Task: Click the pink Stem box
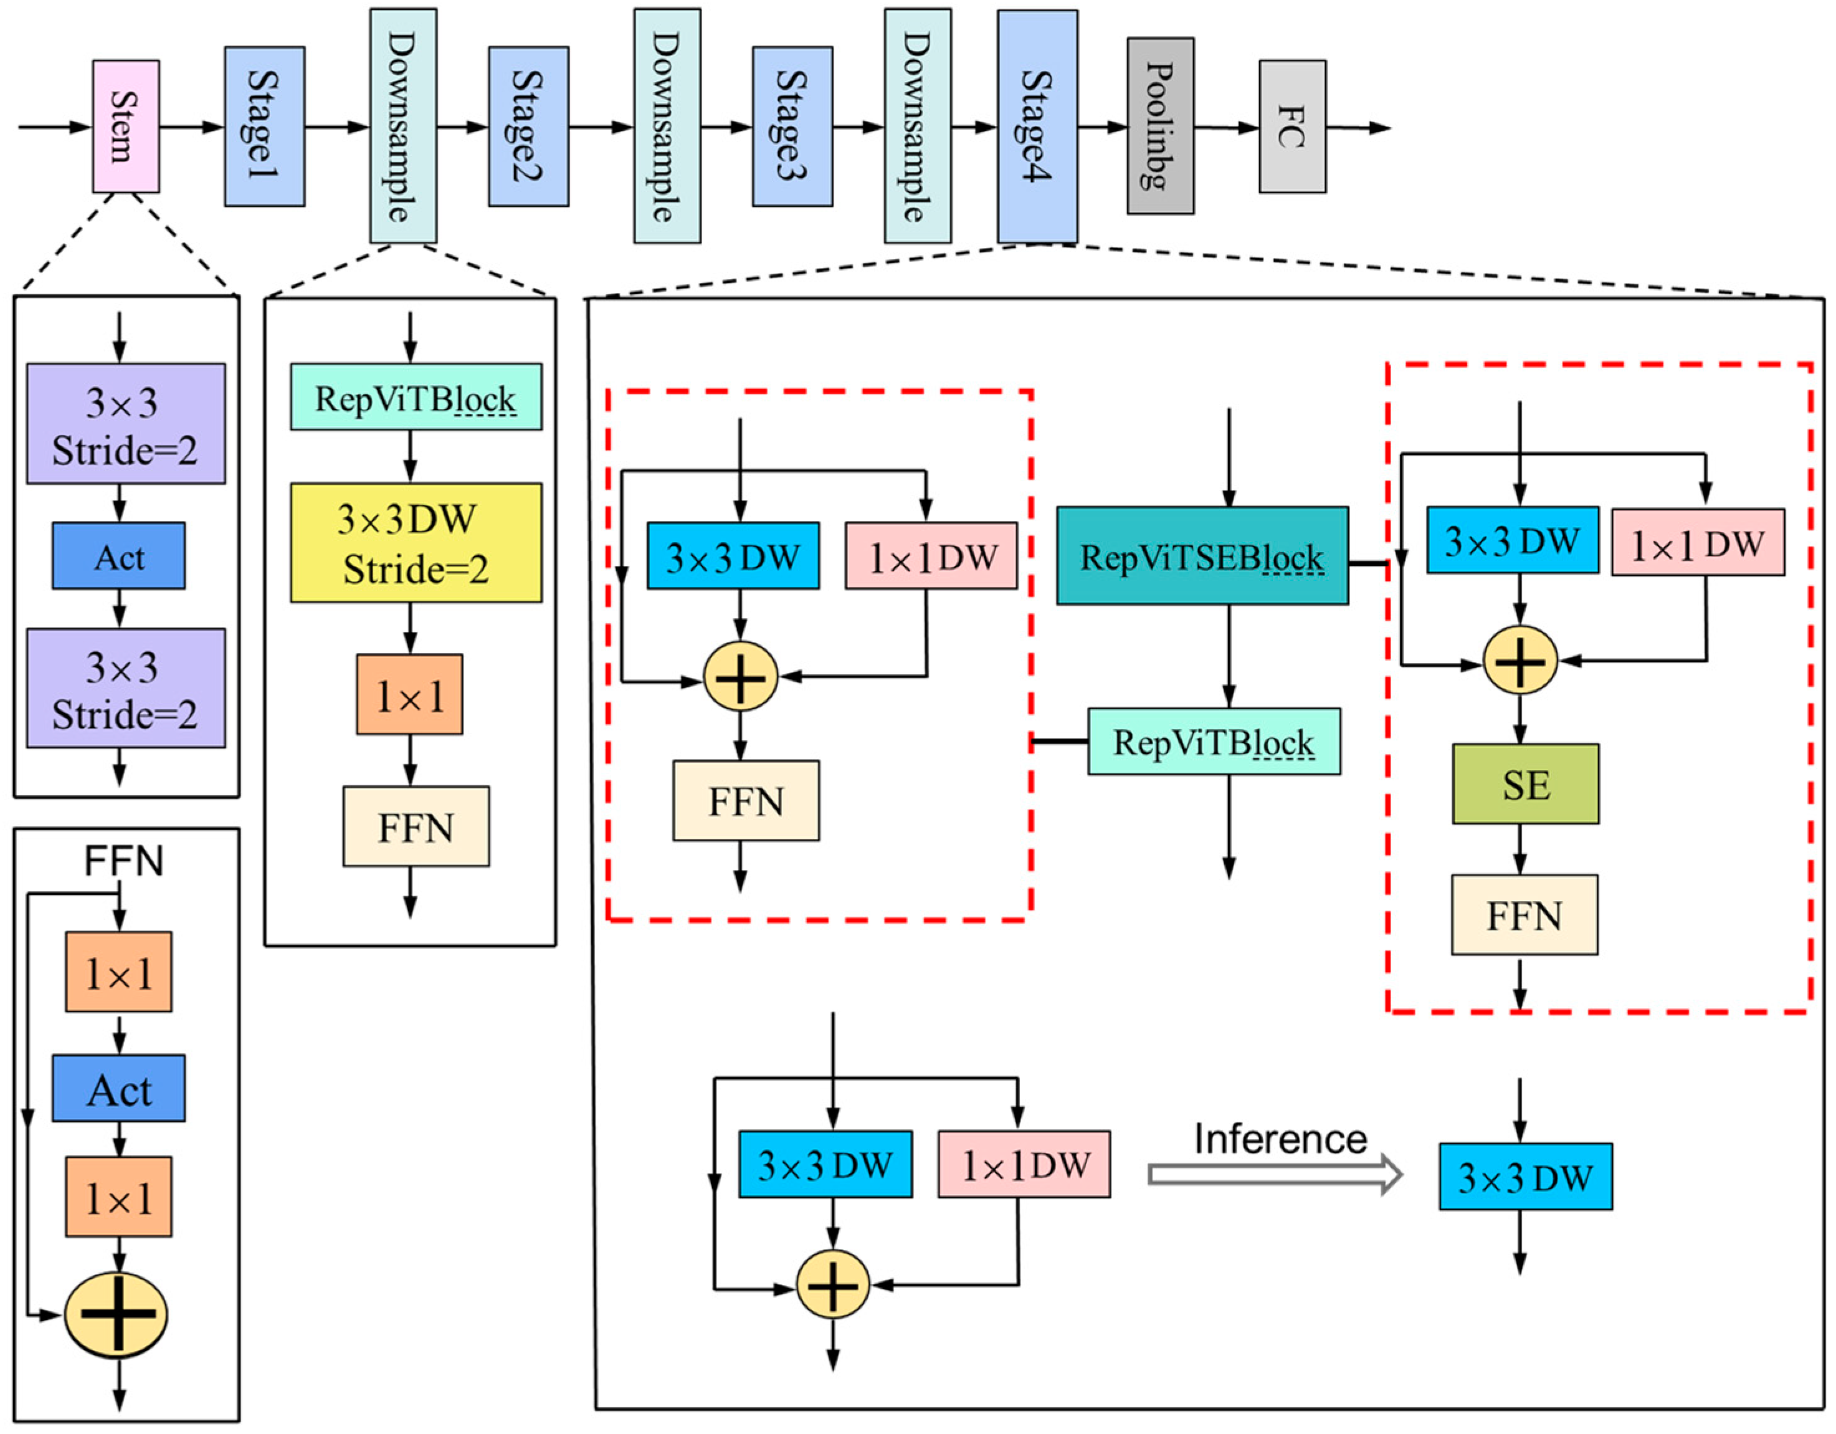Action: coord(125,126)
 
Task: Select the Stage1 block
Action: coord(264,126)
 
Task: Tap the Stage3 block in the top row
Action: coord(792,126)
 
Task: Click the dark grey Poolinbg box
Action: coord(1160,126)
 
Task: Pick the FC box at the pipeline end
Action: coord(1292,126)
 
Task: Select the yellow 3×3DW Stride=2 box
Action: coord(416,542)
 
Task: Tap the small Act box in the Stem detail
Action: coord(118,556)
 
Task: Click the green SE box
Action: coord(1525,784)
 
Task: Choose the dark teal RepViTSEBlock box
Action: coord(1202,556)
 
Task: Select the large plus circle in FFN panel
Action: coord(116,1314)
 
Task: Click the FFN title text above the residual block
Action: coord(123,861)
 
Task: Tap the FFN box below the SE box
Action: coord(1524,915)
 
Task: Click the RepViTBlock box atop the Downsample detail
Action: coord(416,397)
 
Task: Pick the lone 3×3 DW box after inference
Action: coord(1525,1177)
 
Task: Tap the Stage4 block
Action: coord(1037,126)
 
